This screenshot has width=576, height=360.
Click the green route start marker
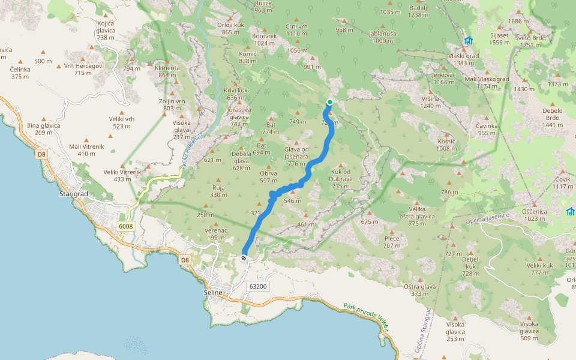[330, 102]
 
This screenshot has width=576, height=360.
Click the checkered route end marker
[244, 258]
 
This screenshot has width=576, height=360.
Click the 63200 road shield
[258, 286]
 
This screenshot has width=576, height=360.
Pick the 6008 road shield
[126, 226]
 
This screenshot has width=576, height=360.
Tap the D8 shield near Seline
[184, 260]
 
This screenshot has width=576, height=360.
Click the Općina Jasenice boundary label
[488, 219]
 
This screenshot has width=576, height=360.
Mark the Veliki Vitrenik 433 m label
[122, 175]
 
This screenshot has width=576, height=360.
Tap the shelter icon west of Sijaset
[468, 41]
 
